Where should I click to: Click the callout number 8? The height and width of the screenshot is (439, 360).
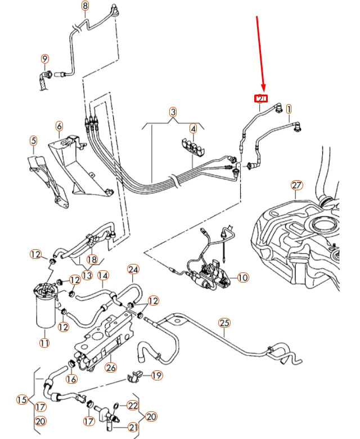pyautogui.click(x=85, y=6)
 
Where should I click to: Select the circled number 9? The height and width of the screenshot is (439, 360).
pyautogui.click(x=44, y=59)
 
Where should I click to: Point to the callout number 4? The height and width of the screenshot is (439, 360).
pyautogui.click(x=193, y=128)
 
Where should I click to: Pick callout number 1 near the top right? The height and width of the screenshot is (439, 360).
pyautogui.click(x=289, y=108)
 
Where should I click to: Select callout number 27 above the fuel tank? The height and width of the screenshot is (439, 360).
pyautogui.click(x=296, y=185)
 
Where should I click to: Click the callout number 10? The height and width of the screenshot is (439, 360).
pyautogui.click(x=242, y=277)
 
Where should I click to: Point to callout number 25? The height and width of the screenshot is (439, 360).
pyautogui.click(x=224, y=322)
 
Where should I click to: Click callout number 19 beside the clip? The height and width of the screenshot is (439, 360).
pyautogui.click(x=156, y=375)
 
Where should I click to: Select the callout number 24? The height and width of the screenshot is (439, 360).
pyautogui.click(x=133, y=269)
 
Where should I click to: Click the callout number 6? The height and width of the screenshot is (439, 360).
pyautogui.click(x=59, y=126)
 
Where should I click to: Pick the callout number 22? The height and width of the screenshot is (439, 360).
pyautogui.click(x=132, y=405)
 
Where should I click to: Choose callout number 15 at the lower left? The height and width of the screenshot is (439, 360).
pyautogui.click(x=22, y=400)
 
